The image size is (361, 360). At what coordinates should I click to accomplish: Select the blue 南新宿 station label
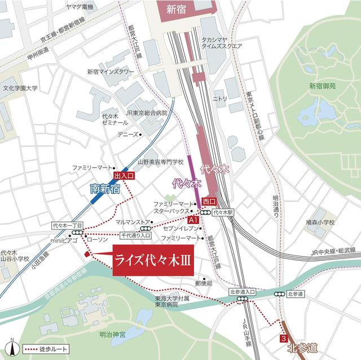pyautogui.click(x=105, y=190)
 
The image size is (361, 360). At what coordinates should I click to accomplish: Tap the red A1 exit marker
pyautogui.click(x=193, y=219)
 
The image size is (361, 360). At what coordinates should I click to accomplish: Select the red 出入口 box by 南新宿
pyautogui.click(x=124, y=177)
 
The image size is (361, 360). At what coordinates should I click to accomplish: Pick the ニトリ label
pyautogui.click(x=219, y=98)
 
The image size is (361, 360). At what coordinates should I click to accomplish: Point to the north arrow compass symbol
pyautogui.click(x=12, y=348)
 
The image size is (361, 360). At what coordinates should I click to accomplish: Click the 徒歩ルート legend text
pyautogui.click(x=55, y=349)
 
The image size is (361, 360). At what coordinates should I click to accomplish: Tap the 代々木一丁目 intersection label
pyautogui.click(x=67, y=224)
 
